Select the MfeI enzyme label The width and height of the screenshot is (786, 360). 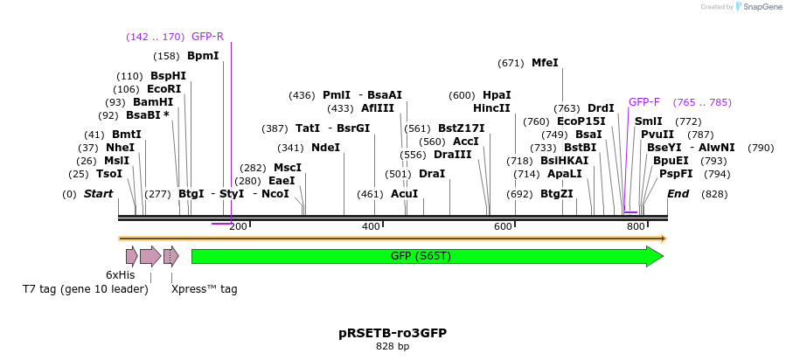pos(545,63)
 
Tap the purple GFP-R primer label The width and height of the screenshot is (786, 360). pos(207,37)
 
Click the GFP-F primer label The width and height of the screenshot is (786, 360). pos(644,102)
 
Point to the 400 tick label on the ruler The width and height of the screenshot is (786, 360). pos(371,227)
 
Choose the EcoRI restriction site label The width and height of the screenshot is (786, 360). pos(164,89)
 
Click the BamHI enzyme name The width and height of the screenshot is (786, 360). pos(153,102)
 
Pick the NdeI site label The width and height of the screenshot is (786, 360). pos(325,148)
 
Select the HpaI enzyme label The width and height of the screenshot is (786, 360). pos(497,95)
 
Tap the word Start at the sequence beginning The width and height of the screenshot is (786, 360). pos(98,193)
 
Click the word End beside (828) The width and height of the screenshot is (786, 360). pos(678,193)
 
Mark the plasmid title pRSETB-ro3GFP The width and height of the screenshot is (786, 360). pos(393,333)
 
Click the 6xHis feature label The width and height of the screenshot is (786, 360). pos(120,274)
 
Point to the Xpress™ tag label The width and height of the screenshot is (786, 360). pos(204,288)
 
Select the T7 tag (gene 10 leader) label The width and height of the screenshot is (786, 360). pos(86,288)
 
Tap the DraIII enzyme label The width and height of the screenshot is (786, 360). pos(452,155)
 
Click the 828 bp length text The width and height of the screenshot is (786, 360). pos(393,347)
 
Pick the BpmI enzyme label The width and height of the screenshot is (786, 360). pos(203,56)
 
